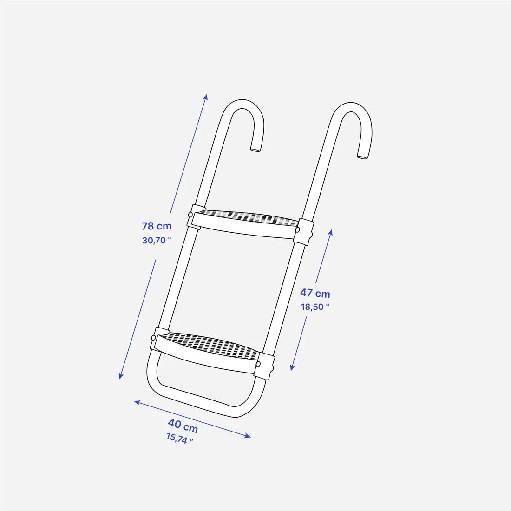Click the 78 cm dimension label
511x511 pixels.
click(157, 226)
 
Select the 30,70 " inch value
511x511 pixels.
click(157, 241)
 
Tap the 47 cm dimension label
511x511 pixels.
click(315, 293)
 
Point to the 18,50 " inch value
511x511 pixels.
click(315, 307)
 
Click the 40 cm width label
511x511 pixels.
click(183, 425)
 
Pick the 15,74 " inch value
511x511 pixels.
click(179, 438)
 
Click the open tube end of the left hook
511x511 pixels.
click(255, 150)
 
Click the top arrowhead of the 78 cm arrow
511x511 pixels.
click(206, 97)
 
